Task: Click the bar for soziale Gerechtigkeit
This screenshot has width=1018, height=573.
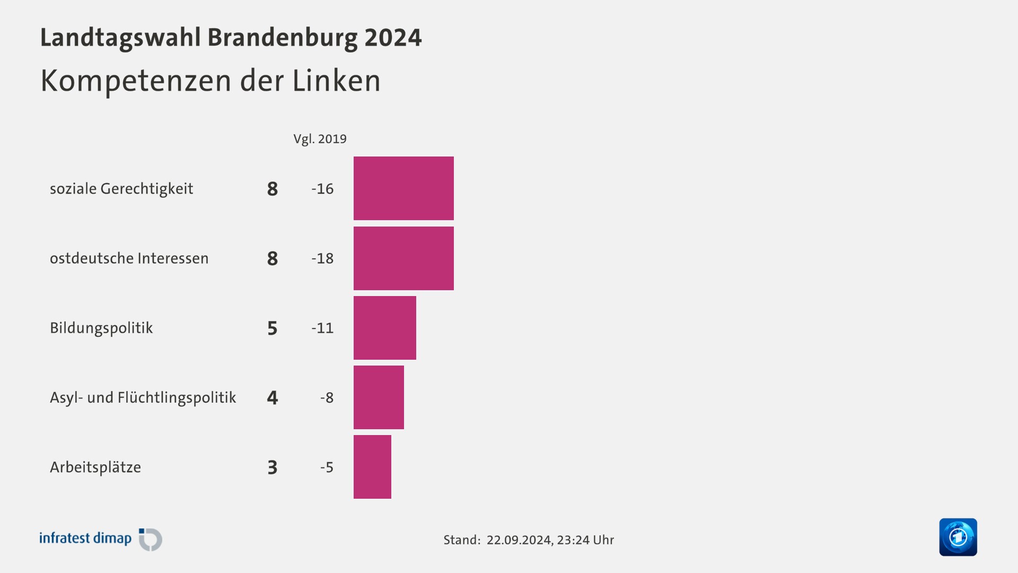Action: [x=403, y=188]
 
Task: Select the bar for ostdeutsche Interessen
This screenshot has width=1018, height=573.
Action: [x=403, y=258]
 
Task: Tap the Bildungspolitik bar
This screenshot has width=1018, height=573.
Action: [x=384, y=328]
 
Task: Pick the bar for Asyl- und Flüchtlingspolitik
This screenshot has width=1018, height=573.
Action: [x=379, y=397]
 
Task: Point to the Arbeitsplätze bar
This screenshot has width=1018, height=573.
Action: [x=372, y=467]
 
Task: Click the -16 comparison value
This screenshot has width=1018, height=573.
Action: [x=322, y=189]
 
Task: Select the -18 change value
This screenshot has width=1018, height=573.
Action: [x=322, y=258]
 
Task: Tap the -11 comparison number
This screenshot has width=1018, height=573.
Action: [x=322, y=328]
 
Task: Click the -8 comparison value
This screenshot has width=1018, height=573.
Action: [x=327, y=397]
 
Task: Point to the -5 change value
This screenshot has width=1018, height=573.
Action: [x=327, y=467]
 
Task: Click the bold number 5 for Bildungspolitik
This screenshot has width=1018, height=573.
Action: [x=273, y=328]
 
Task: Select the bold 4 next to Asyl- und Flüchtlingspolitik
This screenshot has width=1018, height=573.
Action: [x=273, y=397]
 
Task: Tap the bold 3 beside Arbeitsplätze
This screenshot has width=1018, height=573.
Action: [x=273, y=467]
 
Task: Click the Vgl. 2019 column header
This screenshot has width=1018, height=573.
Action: [x=320, y=139]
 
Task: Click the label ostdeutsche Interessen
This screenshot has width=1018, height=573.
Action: [x=129, y=258]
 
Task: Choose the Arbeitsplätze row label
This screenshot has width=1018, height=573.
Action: [x=95, y=467]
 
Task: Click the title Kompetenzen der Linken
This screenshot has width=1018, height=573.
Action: [x=210, y=81]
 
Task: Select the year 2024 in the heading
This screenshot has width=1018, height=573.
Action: [x=393, y=38]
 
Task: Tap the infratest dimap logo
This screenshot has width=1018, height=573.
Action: [x=101, y=539]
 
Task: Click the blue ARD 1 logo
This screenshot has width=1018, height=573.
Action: [x=958, y=537]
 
